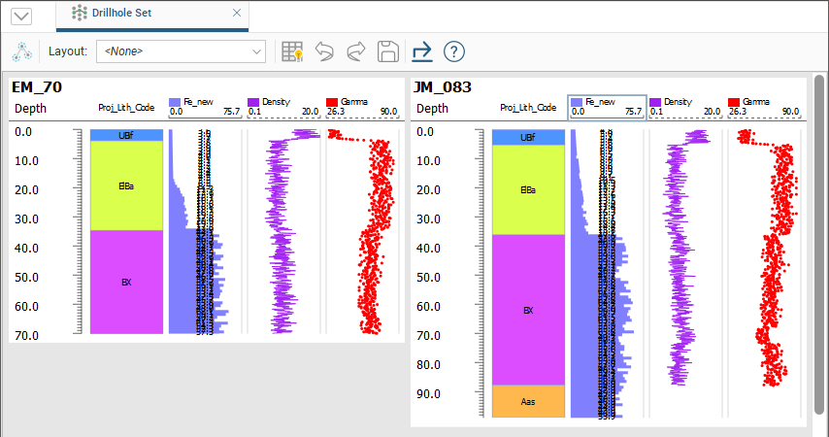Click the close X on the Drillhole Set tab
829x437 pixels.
tap(237, 14)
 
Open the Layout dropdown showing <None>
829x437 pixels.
tap(181, 50)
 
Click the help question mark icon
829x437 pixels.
tap(453, 51)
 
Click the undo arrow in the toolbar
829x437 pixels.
tap(325, 51)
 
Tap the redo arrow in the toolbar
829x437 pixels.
tap(356, 51)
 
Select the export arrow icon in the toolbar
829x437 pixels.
tap(421, 51)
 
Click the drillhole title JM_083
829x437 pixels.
tap(442, 87)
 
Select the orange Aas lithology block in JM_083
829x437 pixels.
tap(528, 401)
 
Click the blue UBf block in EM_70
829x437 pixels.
tap(126, 135)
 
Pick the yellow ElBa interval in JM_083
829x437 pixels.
tap(528, 189)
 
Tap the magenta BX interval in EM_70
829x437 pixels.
tap(126, 283)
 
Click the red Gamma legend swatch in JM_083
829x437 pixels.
tap(734, 101)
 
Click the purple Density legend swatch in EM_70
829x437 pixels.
tap(254, 101)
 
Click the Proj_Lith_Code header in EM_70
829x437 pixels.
tap(126, 108)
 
